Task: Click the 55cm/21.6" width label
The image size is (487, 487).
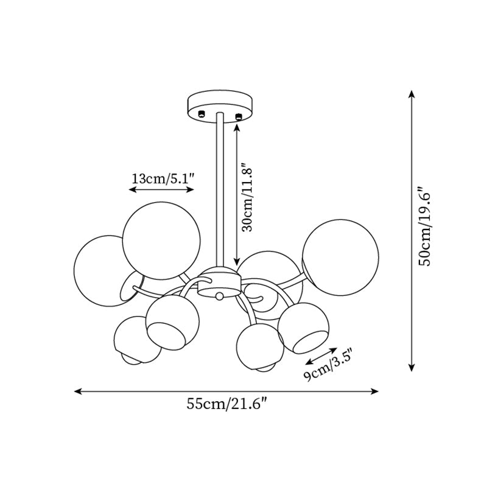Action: click(227, 404)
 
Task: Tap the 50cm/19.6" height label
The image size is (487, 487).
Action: click(424, 226)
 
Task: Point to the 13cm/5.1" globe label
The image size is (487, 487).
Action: click(163, 178)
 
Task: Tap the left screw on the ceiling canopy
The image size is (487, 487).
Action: click(201, 114)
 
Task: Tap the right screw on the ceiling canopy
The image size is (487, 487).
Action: click(239, 116)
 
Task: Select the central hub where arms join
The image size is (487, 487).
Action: click(219, 282)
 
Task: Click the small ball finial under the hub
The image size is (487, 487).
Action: click(219, 296)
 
